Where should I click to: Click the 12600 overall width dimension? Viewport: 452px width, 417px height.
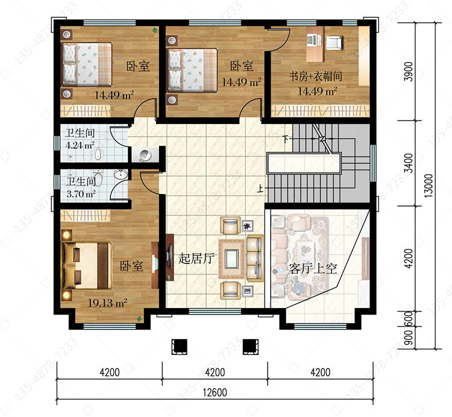pyautogui.click(x=215, y=392)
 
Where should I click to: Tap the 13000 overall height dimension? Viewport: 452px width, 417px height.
pyautogui.click(x=429, y=186)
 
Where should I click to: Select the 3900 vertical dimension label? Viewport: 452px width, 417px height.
pyautogui.click(x=409, y=71)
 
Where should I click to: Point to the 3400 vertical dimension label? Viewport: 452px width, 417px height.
pyautogui.click(x=409, y=163)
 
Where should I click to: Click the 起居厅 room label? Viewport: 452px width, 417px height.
pyautogui.click(x=197, y=258)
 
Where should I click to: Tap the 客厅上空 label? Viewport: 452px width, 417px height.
pyautogui.click(x=313, y=269)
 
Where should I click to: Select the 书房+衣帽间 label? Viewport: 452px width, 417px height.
pyautogui.click(x=316, y=77)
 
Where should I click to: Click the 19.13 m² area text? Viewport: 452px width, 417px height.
pyautogui.click(x=107, y=303)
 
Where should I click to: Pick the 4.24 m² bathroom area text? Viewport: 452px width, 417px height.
pyautogui.click(x=80, y=145)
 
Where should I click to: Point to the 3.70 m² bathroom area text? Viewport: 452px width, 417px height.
pyautogui.click(x=81, y=193)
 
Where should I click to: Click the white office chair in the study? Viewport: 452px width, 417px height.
pyautogui.click(x=334, y=42)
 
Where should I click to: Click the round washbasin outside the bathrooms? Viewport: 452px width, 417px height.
pyautogui.click(x=145, y=155)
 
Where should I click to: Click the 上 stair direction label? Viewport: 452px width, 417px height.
pyautogui.click(x=260, y=189)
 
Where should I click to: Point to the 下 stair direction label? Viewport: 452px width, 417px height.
pyautogui.click(x=286, y=139)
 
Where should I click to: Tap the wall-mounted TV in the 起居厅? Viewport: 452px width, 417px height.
pyautogui.click(x=170, y=257)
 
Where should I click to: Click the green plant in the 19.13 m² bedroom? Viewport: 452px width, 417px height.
pyautogui.click(x=140, y=319)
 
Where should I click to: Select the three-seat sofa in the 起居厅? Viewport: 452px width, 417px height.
pyautogui.click(x=255, y=258)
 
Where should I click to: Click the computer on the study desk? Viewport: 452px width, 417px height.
pyautogui.click(x=313, y=40)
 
